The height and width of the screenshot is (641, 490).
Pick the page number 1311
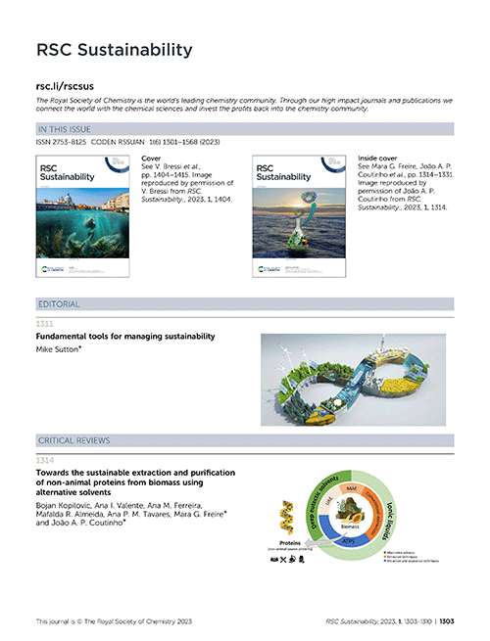click(x=46, y=322)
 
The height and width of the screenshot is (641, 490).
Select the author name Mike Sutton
click(x=62, y=348)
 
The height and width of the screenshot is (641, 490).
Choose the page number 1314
click(x=46, y=459)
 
